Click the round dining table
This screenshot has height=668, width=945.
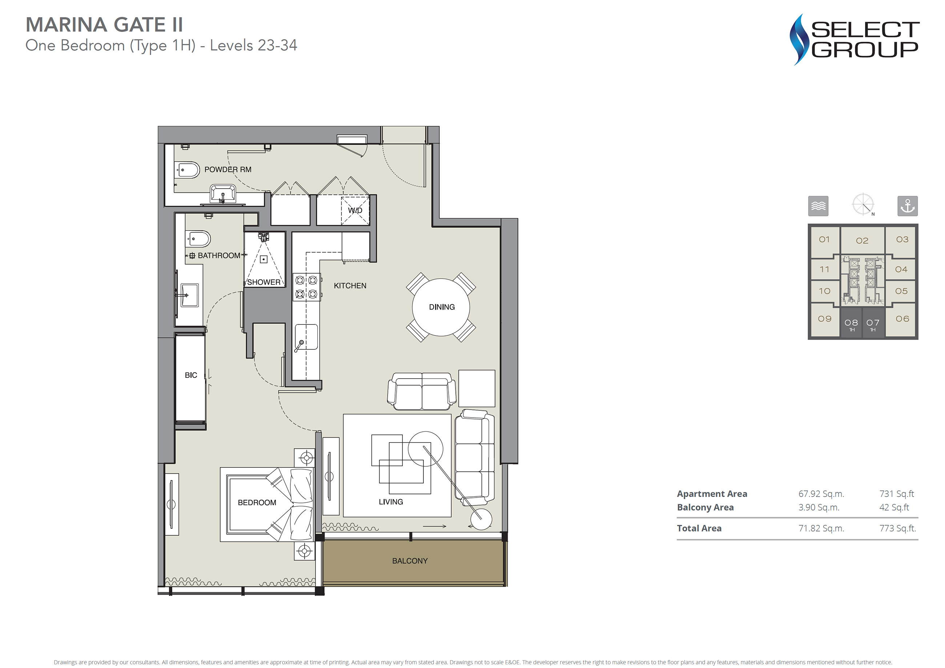(441, 307)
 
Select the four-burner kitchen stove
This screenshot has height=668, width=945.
(307, 287)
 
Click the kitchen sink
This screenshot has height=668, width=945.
(306, 337)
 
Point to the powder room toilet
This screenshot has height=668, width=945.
(187, 170)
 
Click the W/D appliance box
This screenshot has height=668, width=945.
(355, 210)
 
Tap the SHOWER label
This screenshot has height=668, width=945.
(264, 282)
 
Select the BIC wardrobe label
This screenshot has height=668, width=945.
(191, 375)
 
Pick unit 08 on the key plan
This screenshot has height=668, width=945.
(851, 324)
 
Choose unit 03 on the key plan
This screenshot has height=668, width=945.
(902, 240)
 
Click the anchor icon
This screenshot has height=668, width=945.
(907, 206)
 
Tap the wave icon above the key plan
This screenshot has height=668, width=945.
(818, 206)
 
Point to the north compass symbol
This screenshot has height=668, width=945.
(863, 205)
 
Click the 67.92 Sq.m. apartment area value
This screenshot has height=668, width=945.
(821, 494)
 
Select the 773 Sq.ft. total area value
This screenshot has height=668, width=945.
(898, 528)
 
